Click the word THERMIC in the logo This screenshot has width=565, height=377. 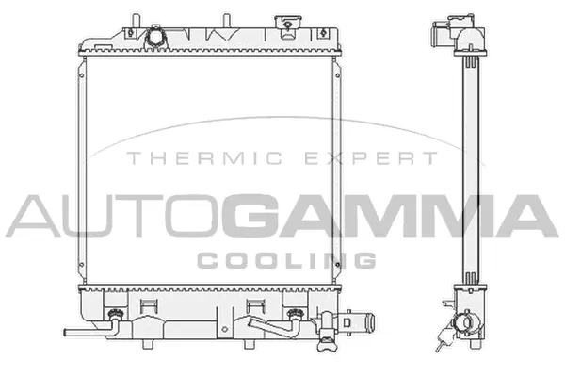176,159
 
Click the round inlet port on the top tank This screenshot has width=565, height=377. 155,37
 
